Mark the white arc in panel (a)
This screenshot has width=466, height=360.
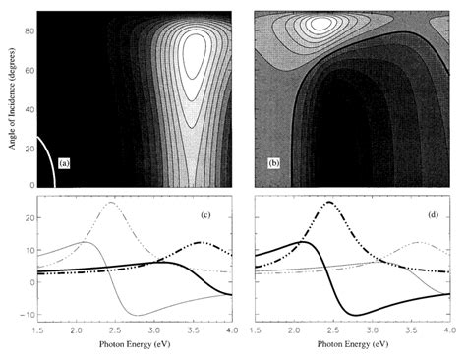46,157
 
